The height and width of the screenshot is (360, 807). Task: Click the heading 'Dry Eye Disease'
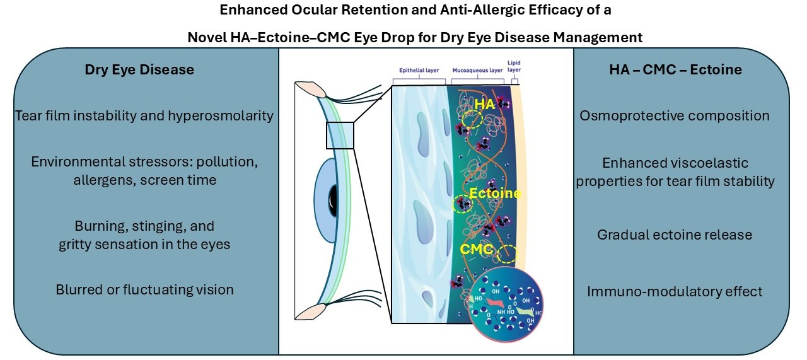click(x=139, y=70)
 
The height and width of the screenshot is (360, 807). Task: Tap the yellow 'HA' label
click(x=485, y=105)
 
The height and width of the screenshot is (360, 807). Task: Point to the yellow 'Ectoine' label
click(x=495, y=194)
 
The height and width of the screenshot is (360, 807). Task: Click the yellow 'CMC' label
click(x=476, y=250)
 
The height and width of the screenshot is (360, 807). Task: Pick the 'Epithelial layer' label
click(x=418, y=71)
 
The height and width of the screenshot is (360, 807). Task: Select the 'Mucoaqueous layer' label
click(x=477, y=71)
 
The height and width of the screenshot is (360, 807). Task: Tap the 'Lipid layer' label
click(x=515, y=67)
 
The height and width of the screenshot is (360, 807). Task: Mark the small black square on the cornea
click(x=340, y=136)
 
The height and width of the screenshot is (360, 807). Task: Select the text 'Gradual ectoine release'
click(x=675, y=235)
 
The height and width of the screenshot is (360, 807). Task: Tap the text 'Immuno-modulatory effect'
click(x=675, y=291)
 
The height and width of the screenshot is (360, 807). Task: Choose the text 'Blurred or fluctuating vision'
click(x=144, y=290)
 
